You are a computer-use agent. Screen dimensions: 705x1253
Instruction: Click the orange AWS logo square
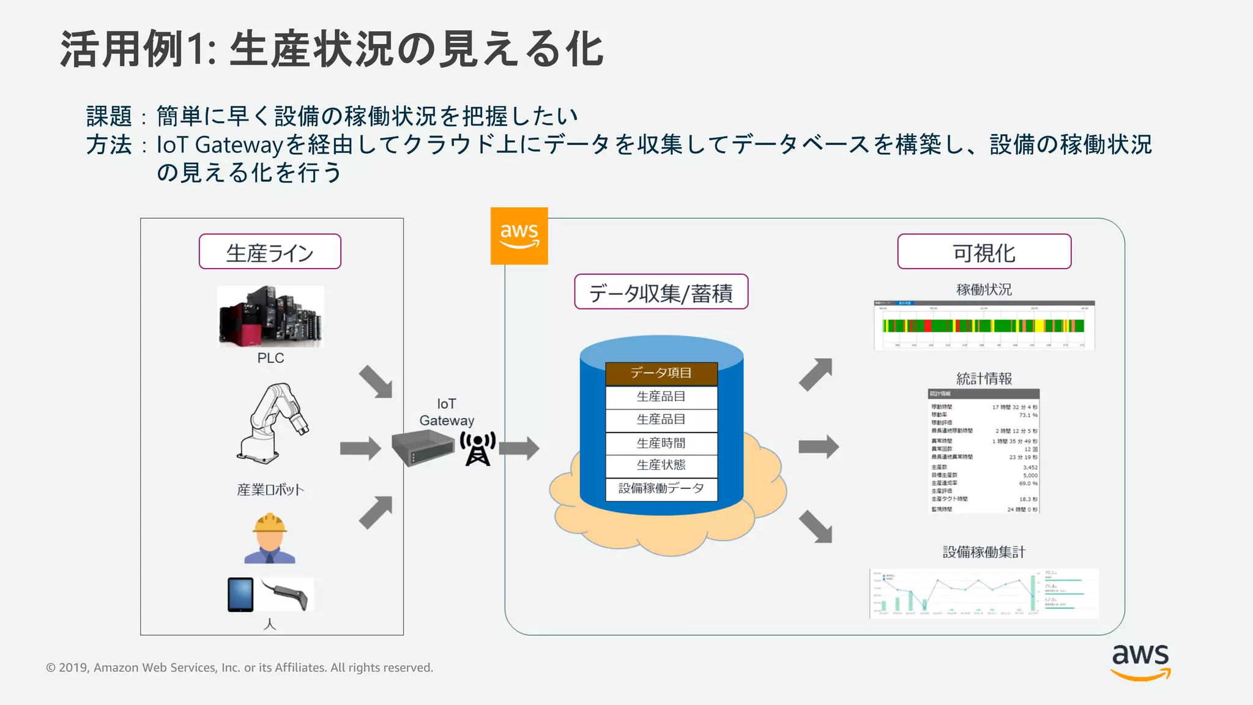(x=519, y=236)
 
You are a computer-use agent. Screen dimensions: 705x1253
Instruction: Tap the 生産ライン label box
(x=270, y=252)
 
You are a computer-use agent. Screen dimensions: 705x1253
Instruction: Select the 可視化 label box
(x=984, y=252)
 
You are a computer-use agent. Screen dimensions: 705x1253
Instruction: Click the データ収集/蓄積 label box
(x=661, y=292)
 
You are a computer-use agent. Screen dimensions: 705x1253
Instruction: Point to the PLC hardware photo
(x=270, y=316)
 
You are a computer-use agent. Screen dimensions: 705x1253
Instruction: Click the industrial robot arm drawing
(x=272, y=422)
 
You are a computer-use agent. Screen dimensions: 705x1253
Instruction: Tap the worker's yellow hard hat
(x=270, y=523)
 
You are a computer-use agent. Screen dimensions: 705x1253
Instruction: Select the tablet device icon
(x=240, y=594)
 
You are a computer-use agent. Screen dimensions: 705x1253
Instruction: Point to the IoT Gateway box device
(x=423, y=448)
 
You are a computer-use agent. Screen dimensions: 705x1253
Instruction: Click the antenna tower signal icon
(x=478, y=449)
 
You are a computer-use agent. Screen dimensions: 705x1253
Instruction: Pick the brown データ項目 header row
(x=661, y=373)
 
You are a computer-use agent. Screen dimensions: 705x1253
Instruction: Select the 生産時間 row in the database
(x=661, y=443)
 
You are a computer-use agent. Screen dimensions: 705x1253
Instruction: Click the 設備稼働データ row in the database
(x=661, y=488)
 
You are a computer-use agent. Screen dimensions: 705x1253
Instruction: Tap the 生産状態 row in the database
(x=661, y=465)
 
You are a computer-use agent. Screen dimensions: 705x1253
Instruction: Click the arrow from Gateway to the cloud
(x=519, y=449)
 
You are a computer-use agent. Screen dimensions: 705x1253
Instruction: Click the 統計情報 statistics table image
(x=984, y=451)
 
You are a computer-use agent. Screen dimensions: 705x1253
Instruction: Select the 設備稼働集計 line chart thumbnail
(x=984, y=593)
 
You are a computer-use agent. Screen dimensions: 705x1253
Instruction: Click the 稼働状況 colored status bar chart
(x=984, y=326)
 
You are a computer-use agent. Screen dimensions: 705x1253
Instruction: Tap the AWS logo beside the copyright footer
(x=1140, y=662)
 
